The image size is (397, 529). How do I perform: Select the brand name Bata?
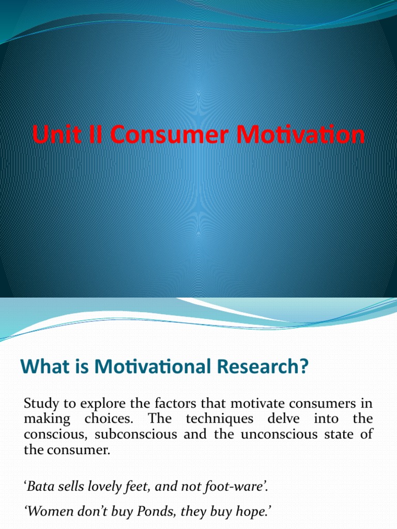click(x=40, y=486)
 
